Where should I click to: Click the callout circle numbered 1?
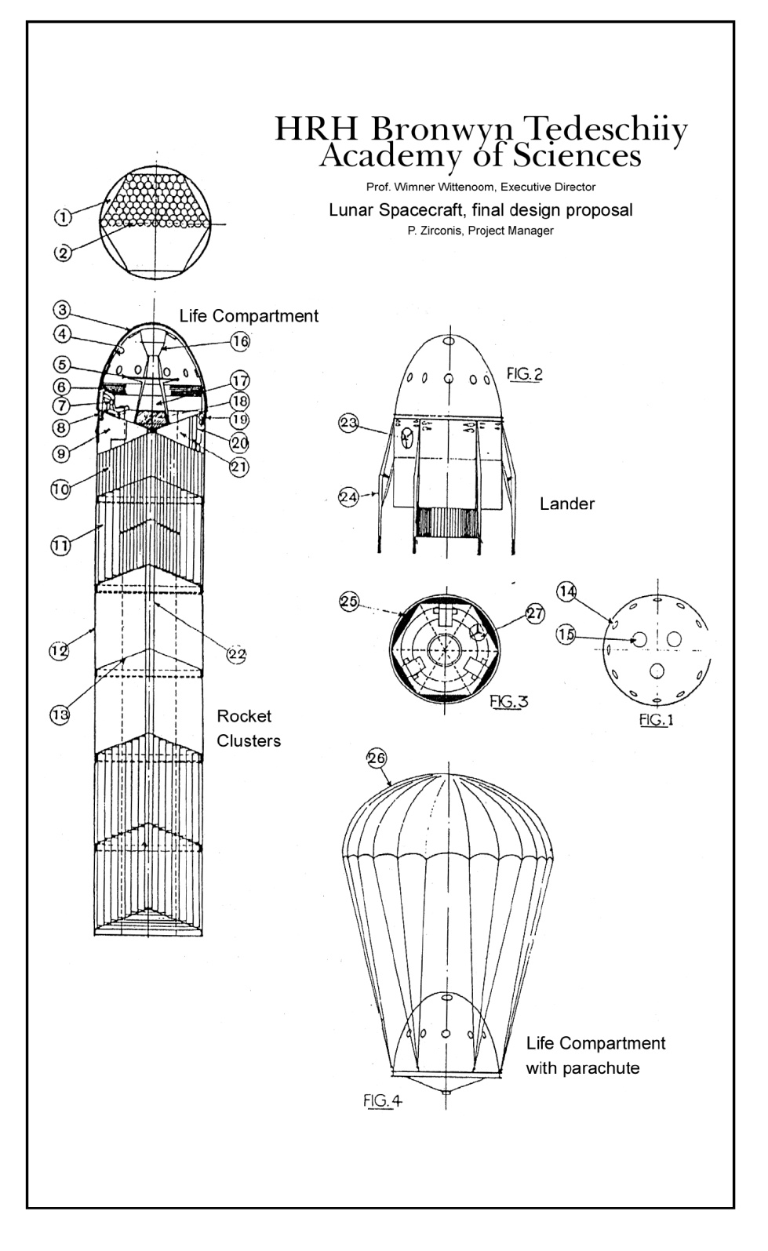[x=64, y=216]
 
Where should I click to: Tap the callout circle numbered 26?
[x=377, y=758]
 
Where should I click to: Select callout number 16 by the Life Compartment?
[x=240, y=340]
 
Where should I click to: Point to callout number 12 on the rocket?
[x=59, y=650]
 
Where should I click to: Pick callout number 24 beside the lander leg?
[x=349, y=496]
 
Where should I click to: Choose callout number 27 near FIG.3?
[x=535, y=614]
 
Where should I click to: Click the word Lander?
[x=566, y=504]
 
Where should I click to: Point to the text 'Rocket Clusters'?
[x=248, y=728]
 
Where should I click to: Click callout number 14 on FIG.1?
[x=567, y=593]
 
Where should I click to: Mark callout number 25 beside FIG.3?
[x=349, y=602]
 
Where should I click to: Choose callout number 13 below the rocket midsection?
[x=60, y=714]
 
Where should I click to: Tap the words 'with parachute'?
[x=582, y=1067]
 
